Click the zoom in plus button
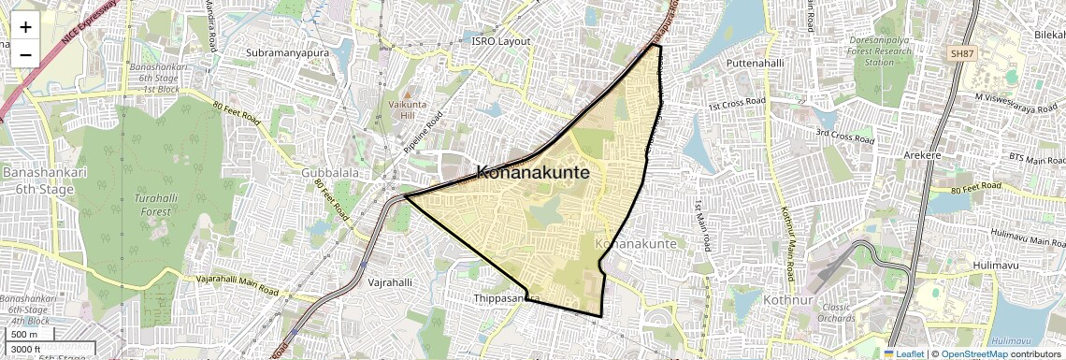pyautogui.click(x=25, y=27)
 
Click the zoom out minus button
pyautogui.click(x=25, y=54)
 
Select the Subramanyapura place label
pyautogui.click(x=288, y=53)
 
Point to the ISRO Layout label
pyautogui.click(x=500, y=41)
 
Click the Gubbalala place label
pyautogui.click(x=331, y=174)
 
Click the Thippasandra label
pyautogui.click(x=506, y=299)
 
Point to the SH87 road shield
pyautogui.click(x=961, y=54)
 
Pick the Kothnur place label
pyautogui.click(x=788, y=301)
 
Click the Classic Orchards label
pyautogui.click(x=836, y=312)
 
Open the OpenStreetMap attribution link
pyautogui.click(x=973, y=353)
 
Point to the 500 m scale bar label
pyautogui.click(x=24, y=334)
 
